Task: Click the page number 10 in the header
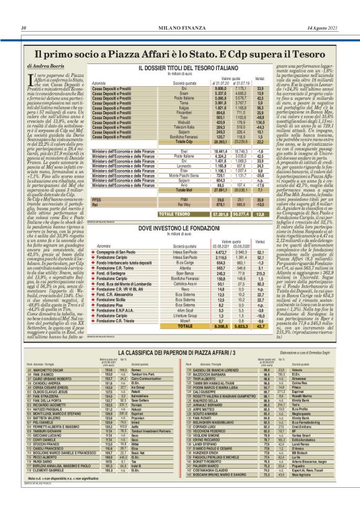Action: (24, 28)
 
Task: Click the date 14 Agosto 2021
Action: (324, 28)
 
